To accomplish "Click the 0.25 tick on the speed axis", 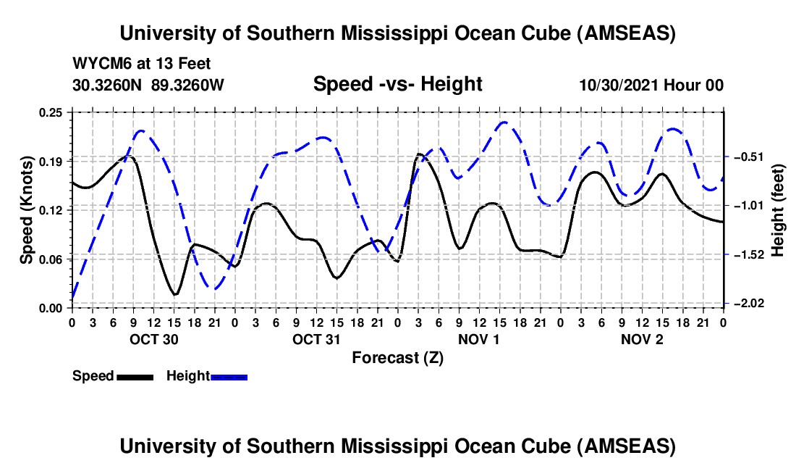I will click(52, 112).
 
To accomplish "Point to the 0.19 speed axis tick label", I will click(52, 160).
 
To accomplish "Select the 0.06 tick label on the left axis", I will click(52, 259).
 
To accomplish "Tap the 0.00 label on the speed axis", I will click(52, 307).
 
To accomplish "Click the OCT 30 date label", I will click(153, 338).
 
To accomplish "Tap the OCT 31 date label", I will click(316, 338).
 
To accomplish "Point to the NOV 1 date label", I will click(479, 338).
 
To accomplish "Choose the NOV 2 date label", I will click(642, 338).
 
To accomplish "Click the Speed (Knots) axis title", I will click(26, 209).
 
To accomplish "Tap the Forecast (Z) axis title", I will click(397, 357).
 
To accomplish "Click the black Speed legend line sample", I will click(135, 376).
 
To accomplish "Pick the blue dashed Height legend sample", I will click(229, 376).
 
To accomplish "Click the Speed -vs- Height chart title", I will click(397, 84).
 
